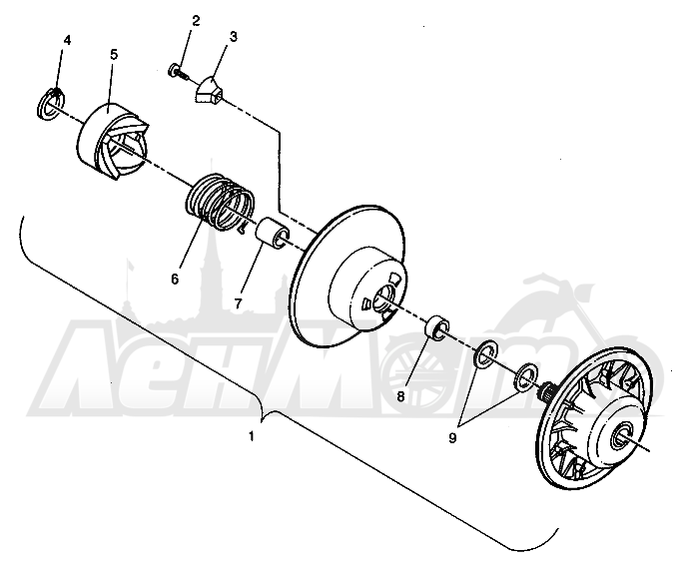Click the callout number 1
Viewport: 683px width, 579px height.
(x=251, y=436)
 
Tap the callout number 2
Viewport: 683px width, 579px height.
(x=196, y=20)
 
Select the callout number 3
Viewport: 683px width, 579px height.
(x=234, y=37)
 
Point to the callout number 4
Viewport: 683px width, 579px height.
(x=67, y=41)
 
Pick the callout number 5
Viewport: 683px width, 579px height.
(x=114, y=55)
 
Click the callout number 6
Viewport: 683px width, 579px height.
(x=175, y=280)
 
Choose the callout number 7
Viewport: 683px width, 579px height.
(x=238, y=303)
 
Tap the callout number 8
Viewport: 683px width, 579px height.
(x=400, y=396)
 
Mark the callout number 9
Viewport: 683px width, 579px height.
(x=452, y=438)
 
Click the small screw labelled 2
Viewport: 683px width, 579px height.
(x=178, y=72)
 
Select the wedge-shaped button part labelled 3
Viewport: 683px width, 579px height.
(x=209, y=91)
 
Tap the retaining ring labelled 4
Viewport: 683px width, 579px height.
(x=51, y=104)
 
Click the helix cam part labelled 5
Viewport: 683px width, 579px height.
(x=113, y=142)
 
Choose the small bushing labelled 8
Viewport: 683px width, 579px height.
(x=437, y=327)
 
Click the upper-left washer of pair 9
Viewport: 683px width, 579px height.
(x=485, y=353)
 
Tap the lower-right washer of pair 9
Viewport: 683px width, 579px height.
(x=526, y=375)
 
